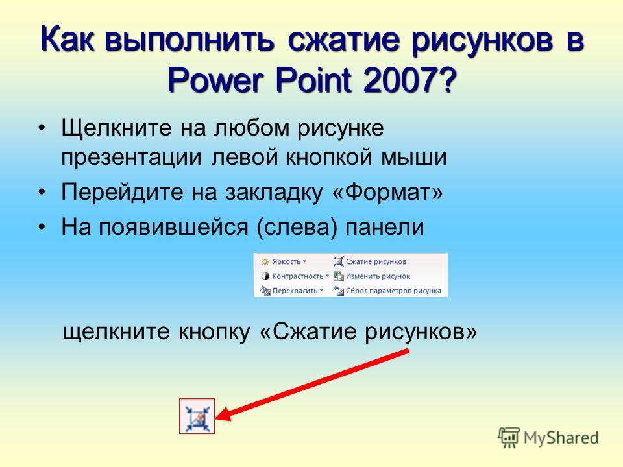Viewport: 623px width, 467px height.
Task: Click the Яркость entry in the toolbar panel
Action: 286,261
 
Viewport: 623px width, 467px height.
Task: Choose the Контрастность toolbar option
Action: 298,276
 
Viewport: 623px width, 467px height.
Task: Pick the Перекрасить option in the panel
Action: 295,291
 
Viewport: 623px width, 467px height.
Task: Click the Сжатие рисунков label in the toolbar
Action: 376,261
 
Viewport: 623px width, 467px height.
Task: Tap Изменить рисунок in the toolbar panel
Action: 378,276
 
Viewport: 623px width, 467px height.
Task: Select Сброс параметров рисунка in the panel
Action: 393,291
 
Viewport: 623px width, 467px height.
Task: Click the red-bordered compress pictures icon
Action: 197,416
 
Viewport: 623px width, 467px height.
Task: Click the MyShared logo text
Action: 561,438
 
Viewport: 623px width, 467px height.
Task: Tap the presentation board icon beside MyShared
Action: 509,437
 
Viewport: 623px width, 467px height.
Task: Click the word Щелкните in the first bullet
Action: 116,128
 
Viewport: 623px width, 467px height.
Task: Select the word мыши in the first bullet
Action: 413,158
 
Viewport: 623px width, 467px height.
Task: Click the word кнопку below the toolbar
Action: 214,332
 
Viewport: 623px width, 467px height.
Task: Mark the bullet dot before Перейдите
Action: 42,192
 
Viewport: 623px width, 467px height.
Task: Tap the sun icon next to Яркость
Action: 265,262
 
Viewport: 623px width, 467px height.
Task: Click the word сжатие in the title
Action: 343,40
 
